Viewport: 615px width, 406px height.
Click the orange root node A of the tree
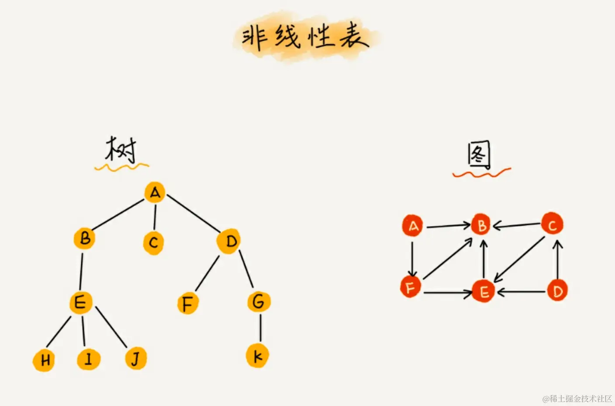[x=155, y=192]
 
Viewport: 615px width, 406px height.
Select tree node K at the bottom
[x=257, y=356]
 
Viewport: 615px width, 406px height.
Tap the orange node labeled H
[x=44, y=360]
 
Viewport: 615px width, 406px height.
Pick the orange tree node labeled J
[x=136, y=358]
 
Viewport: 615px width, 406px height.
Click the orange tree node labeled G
[x=259, y=302]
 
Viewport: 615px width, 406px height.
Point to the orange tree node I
[x=88, y=359]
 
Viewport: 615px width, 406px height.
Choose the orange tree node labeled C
[x=153, y=243]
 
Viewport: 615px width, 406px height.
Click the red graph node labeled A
[x=413, y=226]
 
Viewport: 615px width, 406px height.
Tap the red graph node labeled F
[x=411, y=287]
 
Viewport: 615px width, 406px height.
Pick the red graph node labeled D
[x=557, y=291]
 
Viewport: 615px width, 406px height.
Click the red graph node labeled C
[x=552, y=224]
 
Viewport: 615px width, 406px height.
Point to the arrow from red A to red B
[x=448, y=226]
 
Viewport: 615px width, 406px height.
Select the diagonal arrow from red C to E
[x=520, y=259]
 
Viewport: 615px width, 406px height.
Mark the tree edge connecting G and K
[x=260, y=327]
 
